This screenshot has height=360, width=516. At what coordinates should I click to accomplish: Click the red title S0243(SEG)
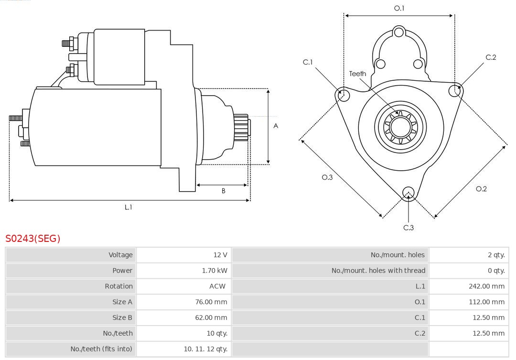(33, 238)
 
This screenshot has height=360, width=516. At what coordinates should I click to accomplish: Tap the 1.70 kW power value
(214, 271)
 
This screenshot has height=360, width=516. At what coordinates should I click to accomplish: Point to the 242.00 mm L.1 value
(486, 286)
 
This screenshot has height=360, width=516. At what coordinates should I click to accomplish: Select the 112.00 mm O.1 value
(486, 302)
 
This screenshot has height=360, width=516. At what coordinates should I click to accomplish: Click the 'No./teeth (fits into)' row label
(101, 349)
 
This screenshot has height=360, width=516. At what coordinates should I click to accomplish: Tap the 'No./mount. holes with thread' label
(378, 271)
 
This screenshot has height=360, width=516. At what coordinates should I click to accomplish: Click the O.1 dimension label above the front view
(399, 8)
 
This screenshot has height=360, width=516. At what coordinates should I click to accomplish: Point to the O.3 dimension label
(327, 177)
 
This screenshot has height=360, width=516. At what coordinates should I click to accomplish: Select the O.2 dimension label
(481, 189)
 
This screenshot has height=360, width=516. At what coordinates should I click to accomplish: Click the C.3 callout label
(408, 228)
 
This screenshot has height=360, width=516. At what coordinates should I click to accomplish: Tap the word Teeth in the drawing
(357, 74)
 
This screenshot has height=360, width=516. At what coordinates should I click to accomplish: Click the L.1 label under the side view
(128, 207)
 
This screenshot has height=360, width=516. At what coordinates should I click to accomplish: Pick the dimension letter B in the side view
(223, 191)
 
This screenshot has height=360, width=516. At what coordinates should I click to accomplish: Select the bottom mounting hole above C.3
(408, 192)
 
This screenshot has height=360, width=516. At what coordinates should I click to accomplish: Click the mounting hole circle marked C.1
(343, 95)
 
